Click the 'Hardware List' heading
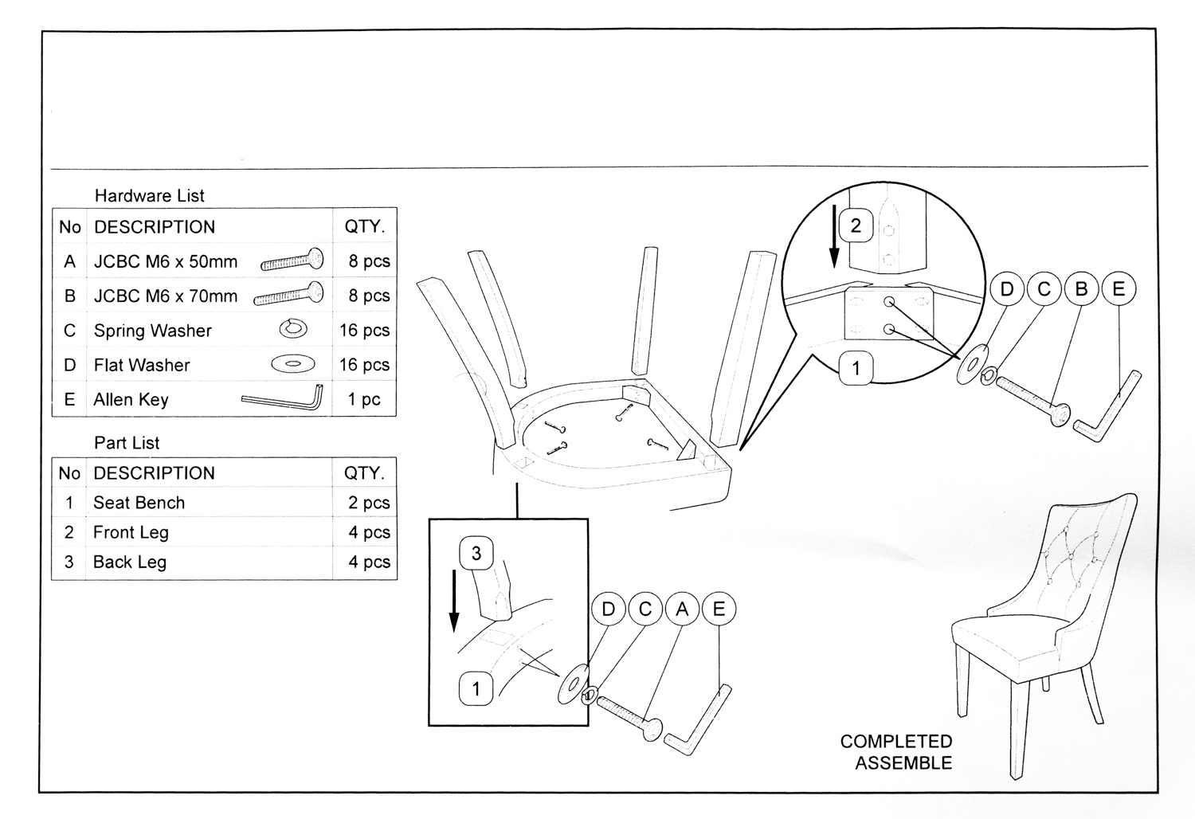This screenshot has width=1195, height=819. [149, 196]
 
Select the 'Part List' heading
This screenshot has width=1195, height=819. [127, 443]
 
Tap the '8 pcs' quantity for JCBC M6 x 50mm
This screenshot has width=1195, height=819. [369, 261]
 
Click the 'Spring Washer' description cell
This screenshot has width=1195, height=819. [153, 331]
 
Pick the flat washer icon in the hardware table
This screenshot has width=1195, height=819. [292, 364]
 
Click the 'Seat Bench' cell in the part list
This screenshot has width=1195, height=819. [139, 503]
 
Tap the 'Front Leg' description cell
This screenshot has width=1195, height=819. [131, 532]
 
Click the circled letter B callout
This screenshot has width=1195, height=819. [1081, 289]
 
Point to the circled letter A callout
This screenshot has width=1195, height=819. [682, 609]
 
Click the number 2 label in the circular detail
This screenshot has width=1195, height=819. [856, 225]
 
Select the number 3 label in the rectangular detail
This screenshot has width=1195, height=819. [476, 553]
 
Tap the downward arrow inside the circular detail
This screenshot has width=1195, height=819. [834, 235]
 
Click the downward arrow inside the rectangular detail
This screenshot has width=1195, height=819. [454, 599]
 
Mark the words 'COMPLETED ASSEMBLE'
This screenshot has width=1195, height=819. [895, 752]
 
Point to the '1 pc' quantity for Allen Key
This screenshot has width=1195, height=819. [364, 399]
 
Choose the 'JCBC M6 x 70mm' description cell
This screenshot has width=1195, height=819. [166, 296]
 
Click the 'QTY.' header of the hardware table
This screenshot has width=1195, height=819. [364, 227]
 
